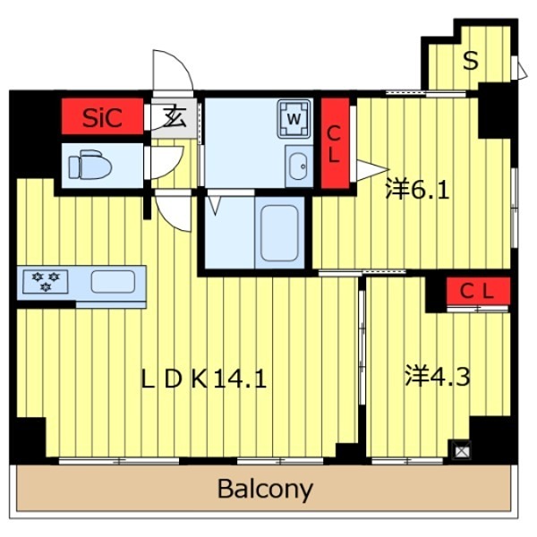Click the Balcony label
click(x=265, y=490)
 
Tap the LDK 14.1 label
click(x=203, y=379)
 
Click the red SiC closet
click(x=103, y=116)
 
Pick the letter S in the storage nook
click(x=471, y=61)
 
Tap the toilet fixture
click(x=89, y=165)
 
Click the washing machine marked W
click(x=294, y=116)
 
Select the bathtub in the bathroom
click(x=279, y=232)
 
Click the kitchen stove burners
click(x=46, y=281)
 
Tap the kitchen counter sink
click(x=113, y=281)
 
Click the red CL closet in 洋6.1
click(x=335, y=143)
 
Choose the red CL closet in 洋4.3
click(x=476, y=291)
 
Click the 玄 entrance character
click(x=175, y=116)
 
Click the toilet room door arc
click(x=166, y=161)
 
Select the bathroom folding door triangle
click(x=215, y=204)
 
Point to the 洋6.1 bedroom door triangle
click(x=370, y=169)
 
